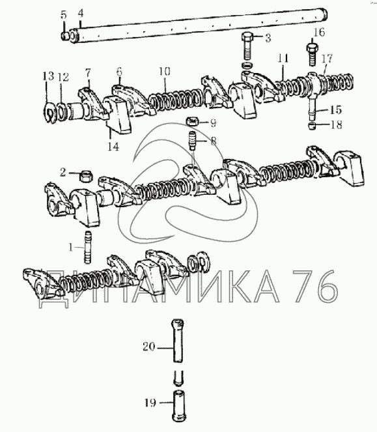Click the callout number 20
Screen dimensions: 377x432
click(149, 346)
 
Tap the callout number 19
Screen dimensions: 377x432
click(150, 403)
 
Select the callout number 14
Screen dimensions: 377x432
click(113, 147)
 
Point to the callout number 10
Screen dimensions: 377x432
click(164, 71)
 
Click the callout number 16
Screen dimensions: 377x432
click(318, 32)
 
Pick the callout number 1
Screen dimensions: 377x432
click(71, 248)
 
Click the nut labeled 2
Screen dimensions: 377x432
click(86, 176)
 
